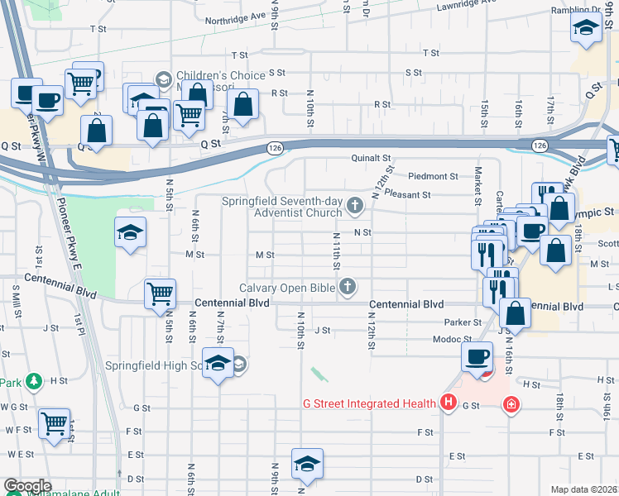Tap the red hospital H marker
pyautogui.click(x=449, y=403)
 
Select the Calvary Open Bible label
pyautogui.click(x=287, y=288)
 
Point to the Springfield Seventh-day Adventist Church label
pyautogui.click(x=282, y=207)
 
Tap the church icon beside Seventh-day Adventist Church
pyautogui.click(x=356, y=204)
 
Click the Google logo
pyautogui.click(x=26, y=486)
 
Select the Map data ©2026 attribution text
pyautogui.click(x=584, y=489)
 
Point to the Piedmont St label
pyautogui.click(x=434, y=176)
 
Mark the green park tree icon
pyautogui.click(x=34, y=381)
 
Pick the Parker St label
pyautogui.click(x=463, y=322)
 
